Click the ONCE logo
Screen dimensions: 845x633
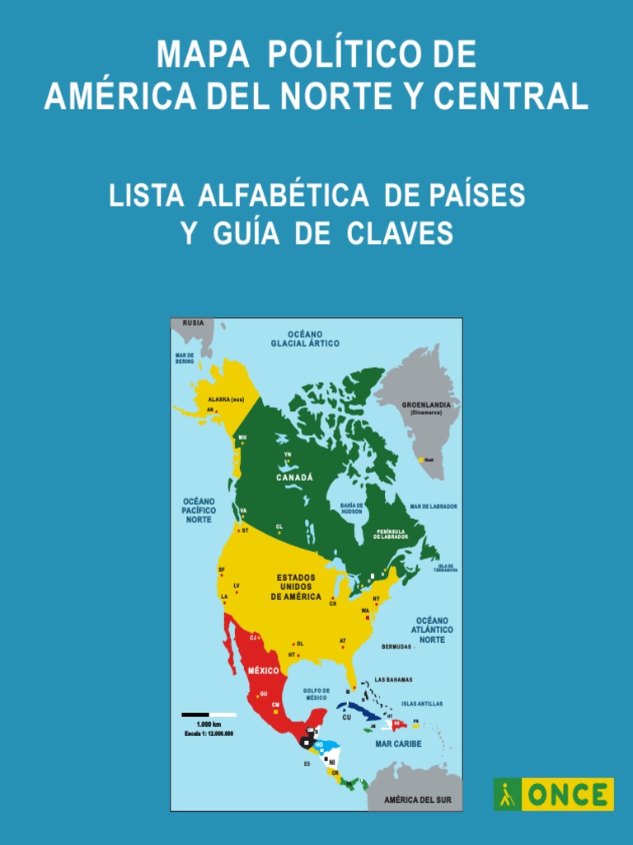coord(554,795)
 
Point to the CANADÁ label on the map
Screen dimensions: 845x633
coord(294,478)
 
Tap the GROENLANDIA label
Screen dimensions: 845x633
coord(426,405)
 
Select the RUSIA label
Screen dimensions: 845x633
coord(193,323)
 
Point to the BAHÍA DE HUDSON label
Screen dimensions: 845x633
coord(352,508)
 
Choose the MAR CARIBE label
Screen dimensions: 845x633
coord(398,744)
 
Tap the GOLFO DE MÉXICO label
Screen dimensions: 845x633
coord(316,694)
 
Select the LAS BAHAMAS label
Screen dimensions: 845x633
coord(393,680)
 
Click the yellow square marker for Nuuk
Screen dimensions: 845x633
coord(422,460)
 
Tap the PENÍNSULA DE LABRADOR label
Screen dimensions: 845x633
coord(391,534)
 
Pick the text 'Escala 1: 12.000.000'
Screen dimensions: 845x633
coord(209,733)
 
